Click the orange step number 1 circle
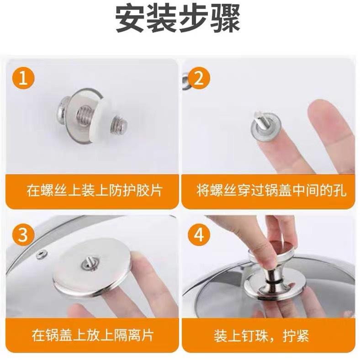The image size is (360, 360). [x=24, y=78]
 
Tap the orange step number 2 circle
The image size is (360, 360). [x=199, y=78]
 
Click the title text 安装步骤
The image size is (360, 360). [x=177, y=19]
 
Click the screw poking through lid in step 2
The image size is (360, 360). [x=259, y=119]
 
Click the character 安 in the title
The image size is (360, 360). [x=130, y=19]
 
